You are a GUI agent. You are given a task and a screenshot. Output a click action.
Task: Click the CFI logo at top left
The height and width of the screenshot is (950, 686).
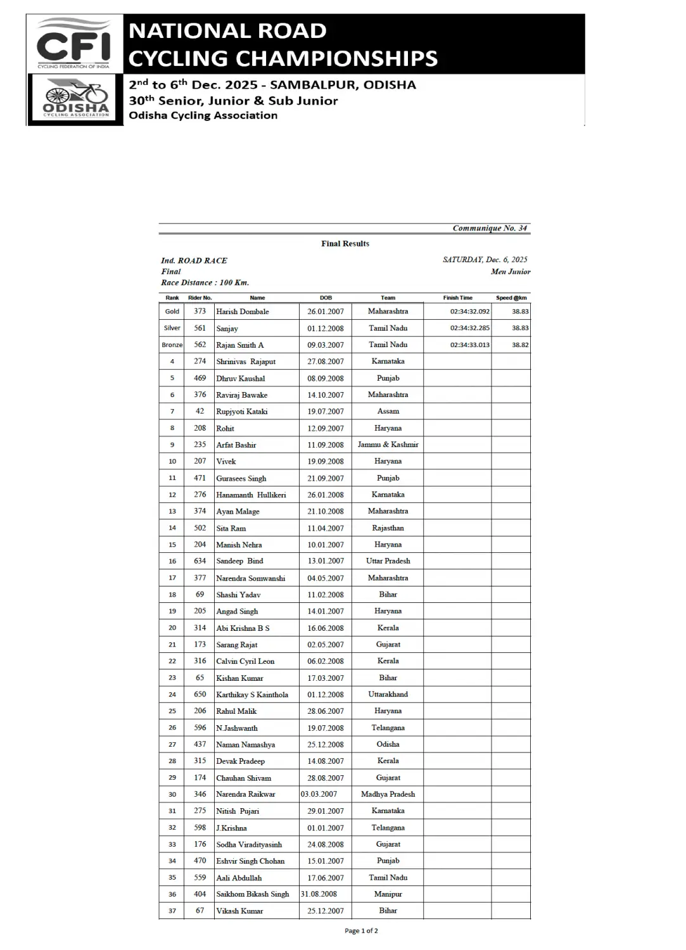(73, 43)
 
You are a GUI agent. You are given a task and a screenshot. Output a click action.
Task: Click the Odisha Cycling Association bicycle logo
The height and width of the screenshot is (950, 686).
(75, 99)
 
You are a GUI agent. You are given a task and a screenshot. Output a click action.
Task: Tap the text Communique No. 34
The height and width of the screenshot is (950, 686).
(489, 228)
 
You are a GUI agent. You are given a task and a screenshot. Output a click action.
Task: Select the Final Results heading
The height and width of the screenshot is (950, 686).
(345, 244)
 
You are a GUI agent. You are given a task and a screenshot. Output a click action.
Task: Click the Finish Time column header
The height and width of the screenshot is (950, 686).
(457, 298)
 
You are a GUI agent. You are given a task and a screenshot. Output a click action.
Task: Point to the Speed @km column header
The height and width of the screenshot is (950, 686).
(511, 298)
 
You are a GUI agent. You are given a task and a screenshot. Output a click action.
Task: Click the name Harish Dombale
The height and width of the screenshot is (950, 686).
(243, 312)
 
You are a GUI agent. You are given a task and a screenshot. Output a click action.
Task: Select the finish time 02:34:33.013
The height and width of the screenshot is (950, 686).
(469, 345)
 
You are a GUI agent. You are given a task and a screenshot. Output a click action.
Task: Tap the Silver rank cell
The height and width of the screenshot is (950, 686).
(172, 328)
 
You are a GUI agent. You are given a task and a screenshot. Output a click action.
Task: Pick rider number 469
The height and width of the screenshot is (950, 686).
(200, 378)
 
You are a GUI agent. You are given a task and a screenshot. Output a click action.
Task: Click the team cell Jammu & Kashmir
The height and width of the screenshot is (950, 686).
(388, 445)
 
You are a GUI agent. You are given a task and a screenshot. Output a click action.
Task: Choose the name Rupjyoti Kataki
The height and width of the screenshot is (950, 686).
(242, 412)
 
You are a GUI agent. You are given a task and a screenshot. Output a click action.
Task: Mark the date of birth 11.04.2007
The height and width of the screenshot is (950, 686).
(326, 528)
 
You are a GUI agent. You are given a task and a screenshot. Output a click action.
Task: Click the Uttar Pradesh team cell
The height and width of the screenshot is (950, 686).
(388, 561)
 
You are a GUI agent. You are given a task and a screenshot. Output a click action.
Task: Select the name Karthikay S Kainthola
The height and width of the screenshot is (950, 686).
(252, 695)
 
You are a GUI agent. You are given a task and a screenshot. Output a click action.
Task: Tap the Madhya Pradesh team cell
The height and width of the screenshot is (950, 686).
(388, 794)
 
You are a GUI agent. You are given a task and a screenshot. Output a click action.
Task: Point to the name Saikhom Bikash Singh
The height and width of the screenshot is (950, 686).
(253, 894)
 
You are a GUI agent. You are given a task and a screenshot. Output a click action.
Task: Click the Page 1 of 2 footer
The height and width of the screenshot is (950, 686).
(361, 931)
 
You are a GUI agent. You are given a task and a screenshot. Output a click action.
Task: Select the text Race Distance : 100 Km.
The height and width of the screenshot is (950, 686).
(205, 282)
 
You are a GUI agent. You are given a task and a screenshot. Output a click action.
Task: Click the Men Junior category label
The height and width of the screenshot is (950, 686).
(510, 272)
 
